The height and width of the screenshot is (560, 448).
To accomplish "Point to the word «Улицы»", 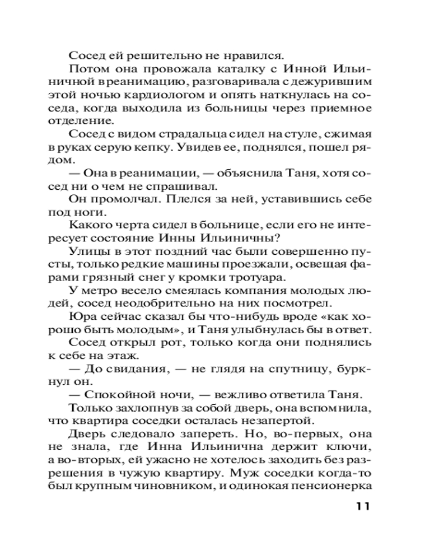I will click(x=86, y=252).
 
